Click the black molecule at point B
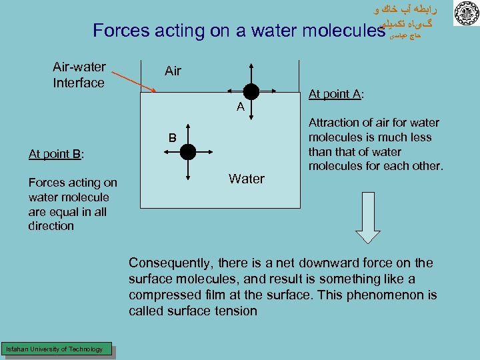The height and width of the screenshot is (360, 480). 188,151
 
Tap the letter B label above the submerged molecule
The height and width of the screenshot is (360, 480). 172,139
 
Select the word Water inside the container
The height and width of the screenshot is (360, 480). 246,179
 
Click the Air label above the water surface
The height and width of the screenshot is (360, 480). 173,71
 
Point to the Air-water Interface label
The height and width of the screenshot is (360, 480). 79,75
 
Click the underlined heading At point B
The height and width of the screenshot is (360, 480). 56,155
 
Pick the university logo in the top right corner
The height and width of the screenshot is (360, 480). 465,14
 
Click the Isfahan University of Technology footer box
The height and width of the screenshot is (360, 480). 55,349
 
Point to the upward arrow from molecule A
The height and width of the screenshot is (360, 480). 251,73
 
